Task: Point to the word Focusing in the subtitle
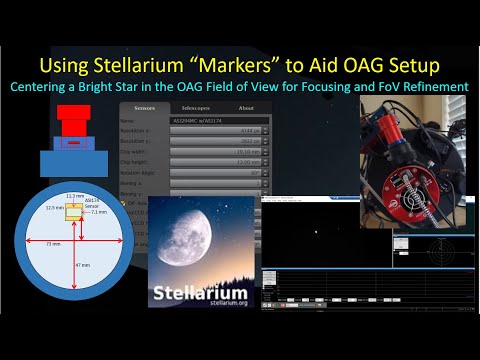tap(329, 86)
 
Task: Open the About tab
tap(245, 107)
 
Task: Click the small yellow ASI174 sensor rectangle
tap(73, 212)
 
